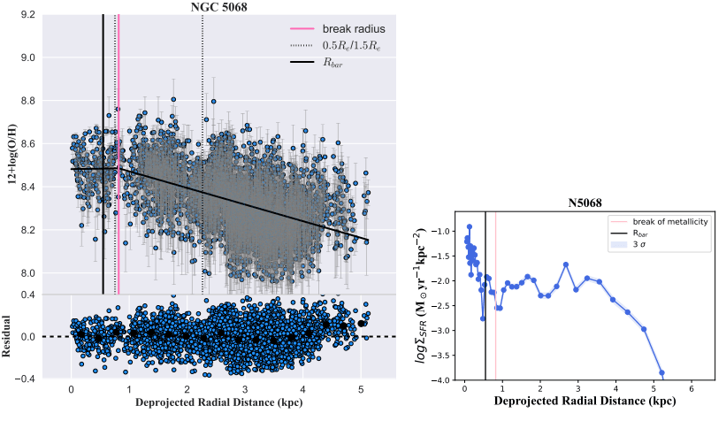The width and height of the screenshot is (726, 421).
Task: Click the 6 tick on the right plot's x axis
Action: (x=690, y=389)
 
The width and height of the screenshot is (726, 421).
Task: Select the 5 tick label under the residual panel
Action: (x=361, y=388)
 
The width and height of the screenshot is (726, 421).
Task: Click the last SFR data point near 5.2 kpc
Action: (x=661, y=373)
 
